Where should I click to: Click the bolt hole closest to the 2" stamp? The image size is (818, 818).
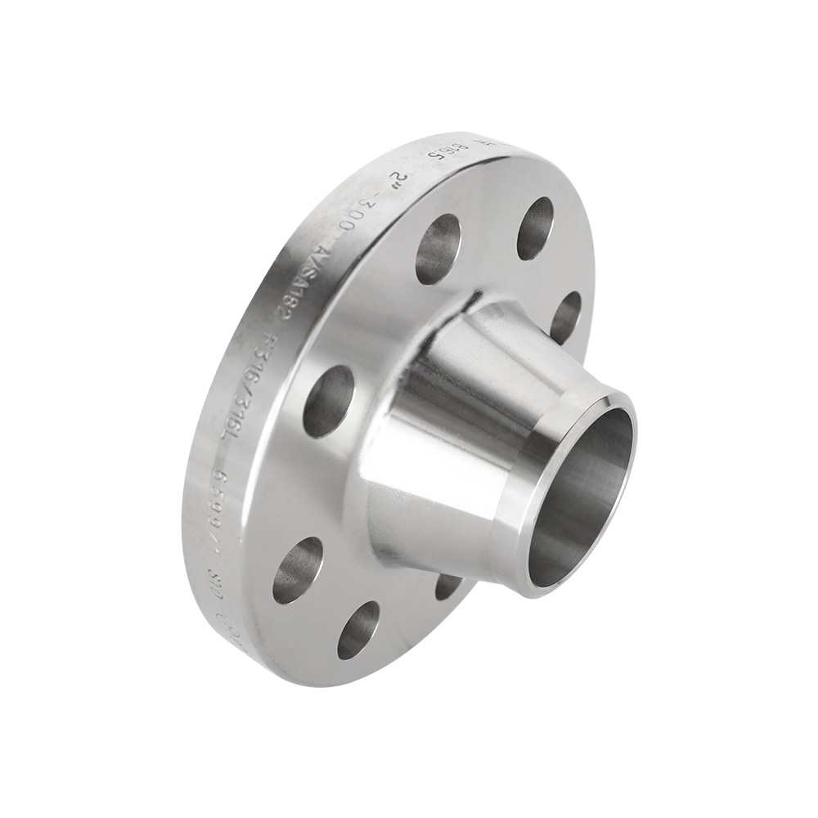438,249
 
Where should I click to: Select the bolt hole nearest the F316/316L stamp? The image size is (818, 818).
329,401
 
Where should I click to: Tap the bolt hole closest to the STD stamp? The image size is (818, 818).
298,570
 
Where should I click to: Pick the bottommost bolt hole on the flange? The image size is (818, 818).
358,630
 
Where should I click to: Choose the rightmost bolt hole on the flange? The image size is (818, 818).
565,316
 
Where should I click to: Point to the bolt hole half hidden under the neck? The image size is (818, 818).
447,586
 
